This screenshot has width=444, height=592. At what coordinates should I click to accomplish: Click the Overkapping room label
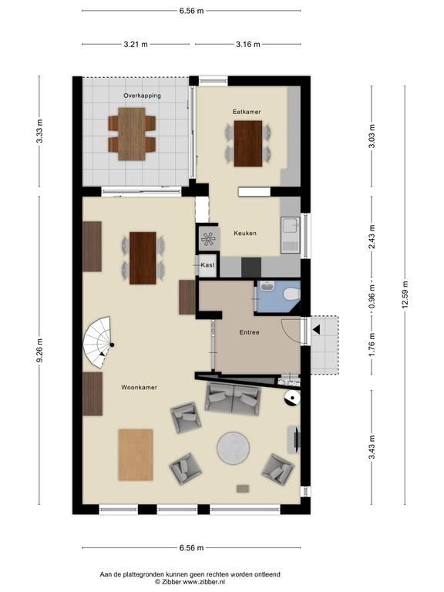click(x=142, y=96)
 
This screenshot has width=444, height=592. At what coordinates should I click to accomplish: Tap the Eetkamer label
click(x=247, y=112)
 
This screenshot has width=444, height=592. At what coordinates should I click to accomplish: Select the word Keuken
click(x=245, y=233)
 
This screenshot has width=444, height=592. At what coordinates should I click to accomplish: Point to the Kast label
click(x=207, y=265)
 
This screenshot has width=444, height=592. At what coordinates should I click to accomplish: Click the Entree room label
click(x=249, y=332)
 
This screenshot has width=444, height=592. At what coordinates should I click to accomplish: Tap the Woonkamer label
click(x=139, y=388)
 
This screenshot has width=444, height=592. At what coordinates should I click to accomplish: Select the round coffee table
click(x=233, y=448)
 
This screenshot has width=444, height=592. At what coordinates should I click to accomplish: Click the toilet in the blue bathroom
click(x=292, y=294)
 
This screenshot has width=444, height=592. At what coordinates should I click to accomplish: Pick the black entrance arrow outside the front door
click(x=316, y=330)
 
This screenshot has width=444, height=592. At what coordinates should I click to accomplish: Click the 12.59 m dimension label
click(x=405, y=295)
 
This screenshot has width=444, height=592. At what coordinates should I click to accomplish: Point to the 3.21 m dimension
click(x=136, y=44)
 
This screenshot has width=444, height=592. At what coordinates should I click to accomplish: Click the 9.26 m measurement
click(x=39, y=350)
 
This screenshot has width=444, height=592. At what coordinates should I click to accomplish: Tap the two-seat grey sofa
click(x=233, y=399)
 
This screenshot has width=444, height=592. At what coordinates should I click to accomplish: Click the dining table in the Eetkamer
click(x=248, y=143)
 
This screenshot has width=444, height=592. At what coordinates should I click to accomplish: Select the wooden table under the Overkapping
click(x=132, y=134)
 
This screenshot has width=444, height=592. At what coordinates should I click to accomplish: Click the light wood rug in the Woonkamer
click(x=136, y=455)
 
